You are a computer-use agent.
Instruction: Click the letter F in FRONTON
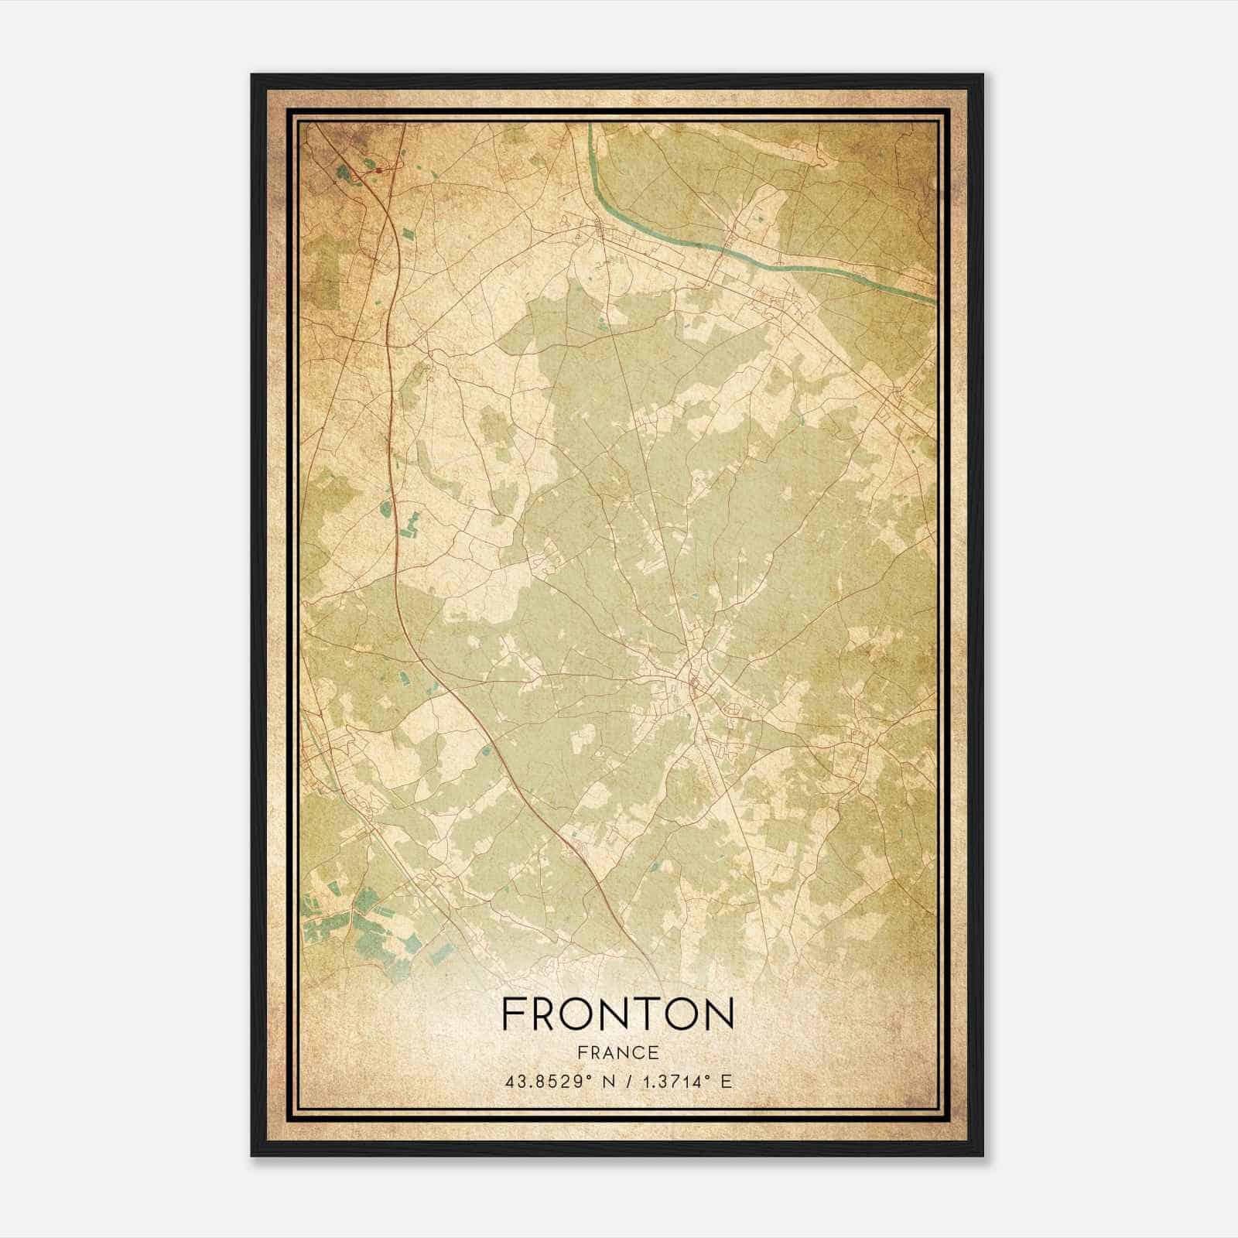point(513,1014)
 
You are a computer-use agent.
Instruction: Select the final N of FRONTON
point(717,1014)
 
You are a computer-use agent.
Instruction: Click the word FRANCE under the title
point(617,1053)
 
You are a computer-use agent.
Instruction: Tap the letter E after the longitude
point(725,1082)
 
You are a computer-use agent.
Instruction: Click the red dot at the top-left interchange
point(379,169)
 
